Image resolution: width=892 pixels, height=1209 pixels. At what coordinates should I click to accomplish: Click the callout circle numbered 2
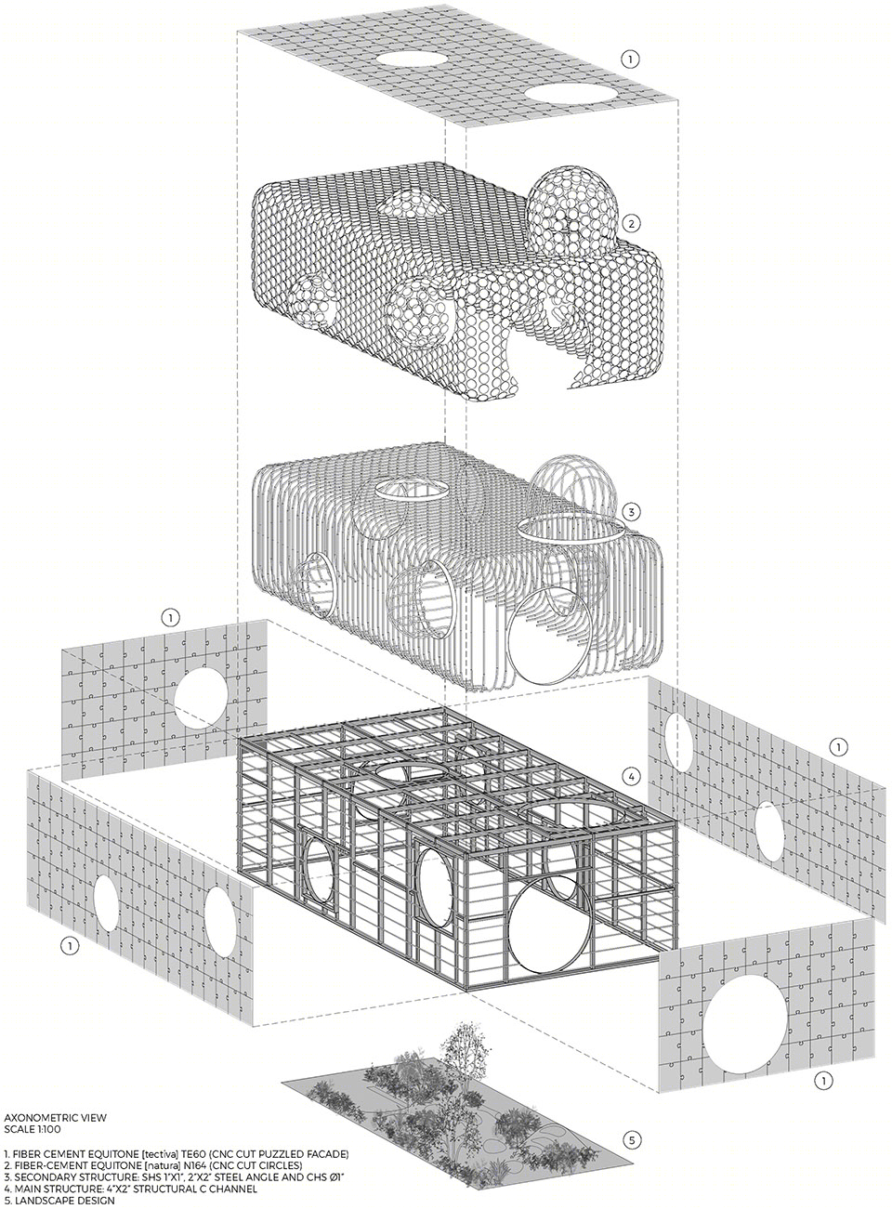click(x=630, y=223)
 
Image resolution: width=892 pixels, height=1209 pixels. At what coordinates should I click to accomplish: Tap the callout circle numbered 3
click(x=631, y=512)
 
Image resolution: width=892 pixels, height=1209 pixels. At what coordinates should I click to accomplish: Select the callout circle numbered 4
click(x=631, y=776)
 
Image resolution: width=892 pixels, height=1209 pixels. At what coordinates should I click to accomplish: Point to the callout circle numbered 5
click(x=632, y=1120)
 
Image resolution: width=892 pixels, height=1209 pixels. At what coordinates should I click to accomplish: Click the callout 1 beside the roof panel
click(x=631, y=59)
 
